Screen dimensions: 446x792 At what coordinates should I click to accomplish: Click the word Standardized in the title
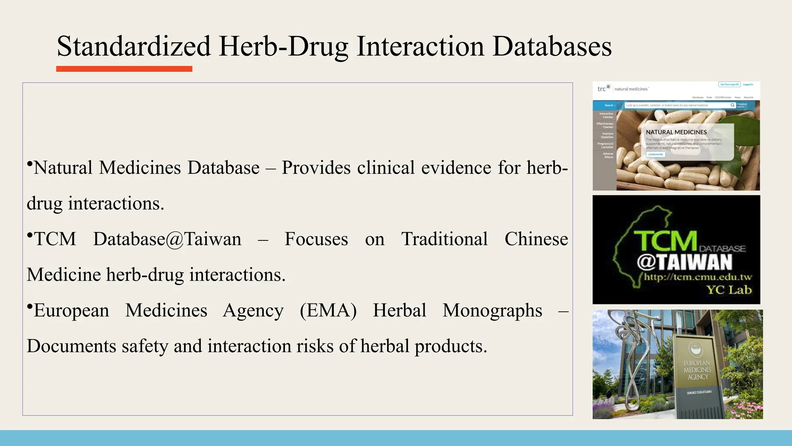[133, 46]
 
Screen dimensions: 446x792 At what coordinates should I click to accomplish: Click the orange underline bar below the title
[124, 69]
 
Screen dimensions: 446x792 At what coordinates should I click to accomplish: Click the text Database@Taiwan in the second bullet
[167, 239]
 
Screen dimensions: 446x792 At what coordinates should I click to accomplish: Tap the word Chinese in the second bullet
[536, 239]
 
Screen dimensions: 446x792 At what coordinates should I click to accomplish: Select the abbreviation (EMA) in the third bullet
[328, 310]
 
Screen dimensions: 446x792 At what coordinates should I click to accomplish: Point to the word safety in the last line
[145, 346]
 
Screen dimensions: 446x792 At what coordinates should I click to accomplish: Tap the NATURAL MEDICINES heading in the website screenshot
[676, 132]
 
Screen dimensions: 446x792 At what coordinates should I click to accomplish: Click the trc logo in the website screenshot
[603, 89]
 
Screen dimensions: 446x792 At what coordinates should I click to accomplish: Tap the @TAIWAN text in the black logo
[684, 262]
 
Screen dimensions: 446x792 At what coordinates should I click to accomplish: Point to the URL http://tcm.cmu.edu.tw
[698, 277]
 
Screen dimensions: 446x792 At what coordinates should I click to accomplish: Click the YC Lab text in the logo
[729, 290]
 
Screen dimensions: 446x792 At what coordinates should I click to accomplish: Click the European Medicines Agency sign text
[697, 370]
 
